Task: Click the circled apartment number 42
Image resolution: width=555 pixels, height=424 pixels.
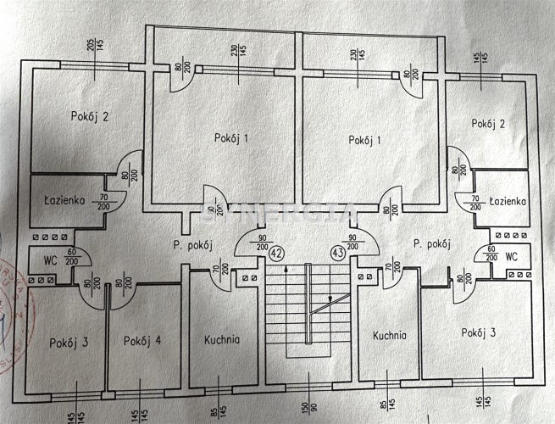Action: pos(276,251)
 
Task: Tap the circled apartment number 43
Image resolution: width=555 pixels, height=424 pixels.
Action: pos(338,251)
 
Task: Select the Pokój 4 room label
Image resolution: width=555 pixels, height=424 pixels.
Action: pos(142,341)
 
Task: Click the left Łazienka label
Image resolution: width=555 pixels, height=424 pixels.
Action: pos(62,201)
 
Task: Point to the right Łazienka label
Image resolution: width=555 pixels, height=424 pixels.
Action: pos(508,201)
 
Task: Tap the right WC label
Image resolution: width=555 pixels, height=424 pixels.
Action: pos(511,255)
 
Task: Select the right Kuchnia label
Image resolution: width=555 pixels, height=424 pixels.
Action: pos(390,335)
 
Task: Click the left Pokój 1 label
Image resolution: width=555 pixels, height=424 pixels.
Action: pos(231,137)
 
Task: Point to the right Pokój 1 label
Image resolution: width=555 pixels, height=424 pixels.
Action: pos(365,140)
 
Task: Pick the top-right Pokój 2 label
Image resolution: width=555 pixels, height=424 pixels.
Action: pos(488,124)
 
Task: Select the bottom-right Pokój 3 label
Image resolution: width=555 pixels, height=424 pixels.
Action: pos(479,332)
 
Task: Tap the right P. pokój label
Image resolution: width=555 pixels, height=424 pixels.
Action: pos(431,244)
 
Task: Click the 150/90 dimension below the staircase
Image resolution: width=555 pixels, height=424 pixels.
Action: pos(307,410)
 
